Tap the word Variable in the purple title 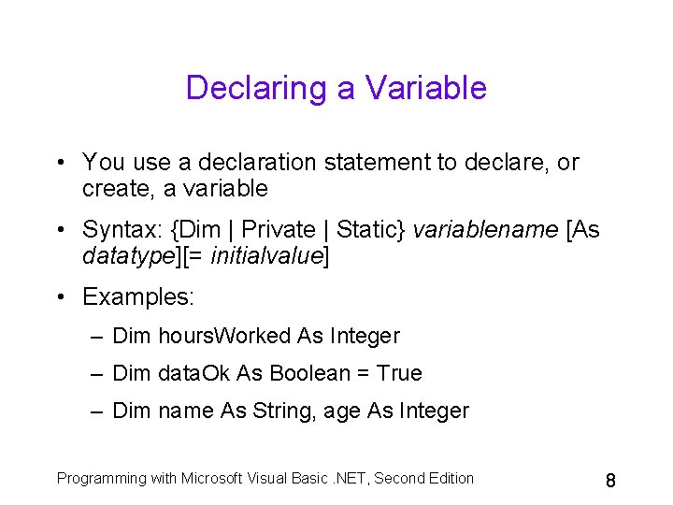tap(426, 88)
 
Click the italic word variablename tap(487, 230)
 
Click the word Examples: tap(138, 297)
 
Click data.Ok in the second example tap(195, 373)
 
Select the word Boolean tap(306, 373)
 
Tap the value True tap(399, 373)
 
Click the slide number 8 tap(610, 481)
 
